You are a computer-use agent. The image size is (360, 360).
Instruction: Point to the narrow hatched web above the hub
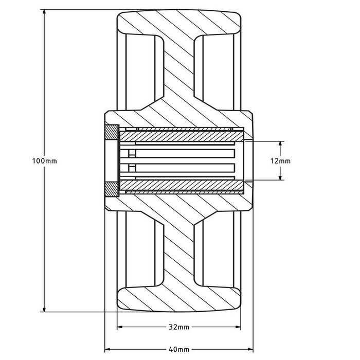(179, 72)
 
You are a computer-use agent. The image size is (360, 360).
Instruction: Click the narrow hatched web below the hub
(179, 249)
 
